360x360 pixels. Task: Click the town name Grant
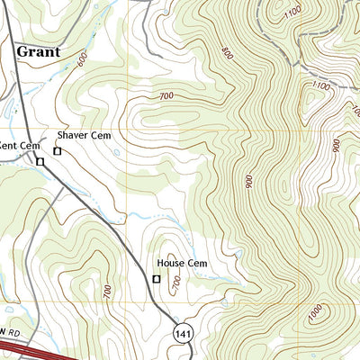38,52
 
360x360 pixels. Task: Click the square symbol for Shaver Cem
58,151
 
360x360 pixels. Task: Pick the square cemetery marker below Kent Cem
40,162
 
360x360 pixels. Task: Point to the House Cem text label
183,264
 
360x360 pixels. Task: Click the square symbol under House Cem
157,279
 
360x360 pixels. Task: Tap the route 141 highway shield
184,332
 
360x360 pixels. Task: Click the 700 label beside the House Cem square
176,283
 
